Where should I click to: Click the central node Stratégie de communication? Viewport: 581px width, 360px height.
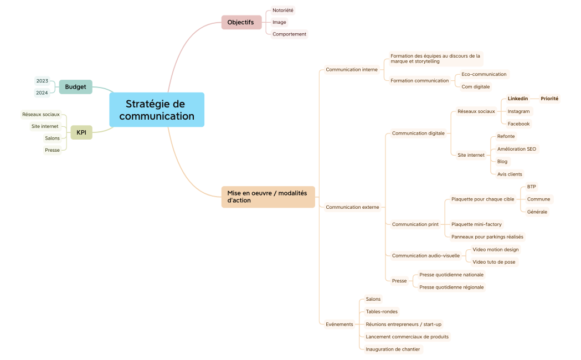[x=157, y=110]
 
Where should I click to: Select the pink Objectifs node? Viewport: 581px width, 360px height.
[x=241, y=22]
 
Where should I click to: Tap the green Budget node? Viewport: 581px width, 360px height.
[x=76, y=87]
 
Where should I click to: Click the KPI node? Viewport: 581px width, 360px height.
[x=81, y=132]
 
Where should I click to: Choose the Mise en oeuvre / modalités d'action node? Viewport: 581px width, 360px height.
[x=268, y=197]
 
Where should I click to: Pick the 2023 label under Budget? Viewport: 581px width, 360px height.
[x=42, y=81]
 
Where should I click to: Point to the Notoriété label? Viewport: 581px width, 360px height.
[x=282, y=10]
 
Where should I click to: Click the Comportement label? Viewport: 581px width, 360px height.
[x=289, y=34]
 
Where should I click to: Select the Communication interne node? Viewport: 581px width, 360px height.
[x=351, y=70]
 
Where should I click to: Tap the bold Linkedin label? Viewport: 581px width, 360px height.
[x=518, y=99]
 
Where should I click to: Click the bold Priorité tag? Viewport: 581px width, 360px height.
[x=549, y=99]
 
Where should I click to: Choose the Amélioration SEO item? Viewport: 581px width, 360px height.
[x=516, y=149]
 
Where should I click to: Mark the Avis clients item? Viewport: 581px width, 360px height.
[x=510, y=174]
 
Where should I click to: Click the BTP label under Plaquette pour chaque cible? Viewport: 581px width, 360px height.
[x=531, y=187]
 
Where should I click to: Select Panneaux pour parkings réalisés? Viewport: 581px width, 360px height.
[x=487, y=236]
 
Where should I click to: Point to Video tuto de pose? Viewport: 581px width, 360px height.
[x=495, y=262]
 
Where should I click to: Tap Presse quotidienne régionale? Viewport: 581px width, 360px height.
[x=451, y=287]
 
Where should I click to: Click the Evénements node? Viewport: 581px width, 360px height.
[x=339, y=324]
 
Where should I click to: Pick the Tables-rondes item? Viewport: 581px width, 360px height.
[x=382, y=311]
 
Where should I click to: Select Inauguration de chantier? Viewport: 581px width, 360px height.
[x=393, y=349]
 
